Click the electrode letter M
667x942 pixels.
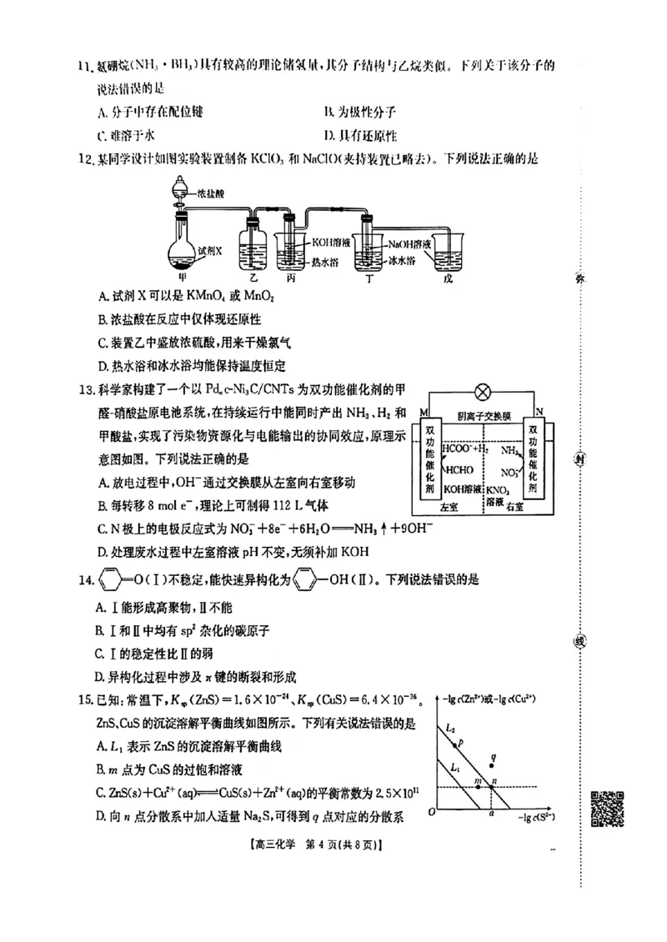pyautogui.click(x=424, y=412)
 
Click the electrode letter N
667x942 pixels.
pyautogui.click(x=539, y=411)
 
